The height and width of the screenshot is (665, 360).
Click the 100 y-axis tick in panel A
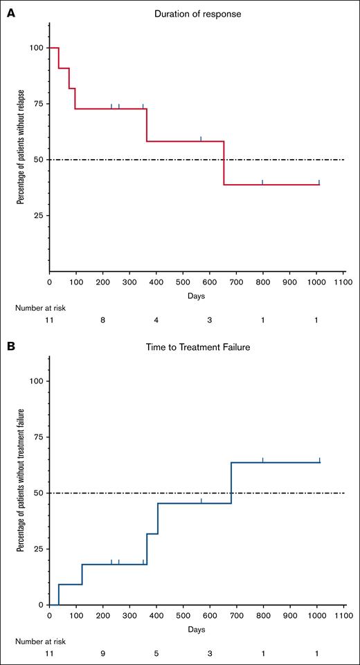pos(34,48)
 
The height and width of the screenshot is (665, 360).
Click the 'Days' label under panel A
pos(196,295)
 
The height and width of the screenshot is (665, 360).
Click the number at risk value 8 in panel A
pos(102,322)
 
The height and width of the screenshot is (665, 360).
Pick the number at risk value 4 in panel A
pos(156,322)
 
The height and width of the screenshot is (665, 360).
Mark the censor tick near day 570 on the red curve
pos(201,138)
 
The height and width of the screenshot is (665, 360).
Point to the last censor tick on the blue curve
pos(319,459)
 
